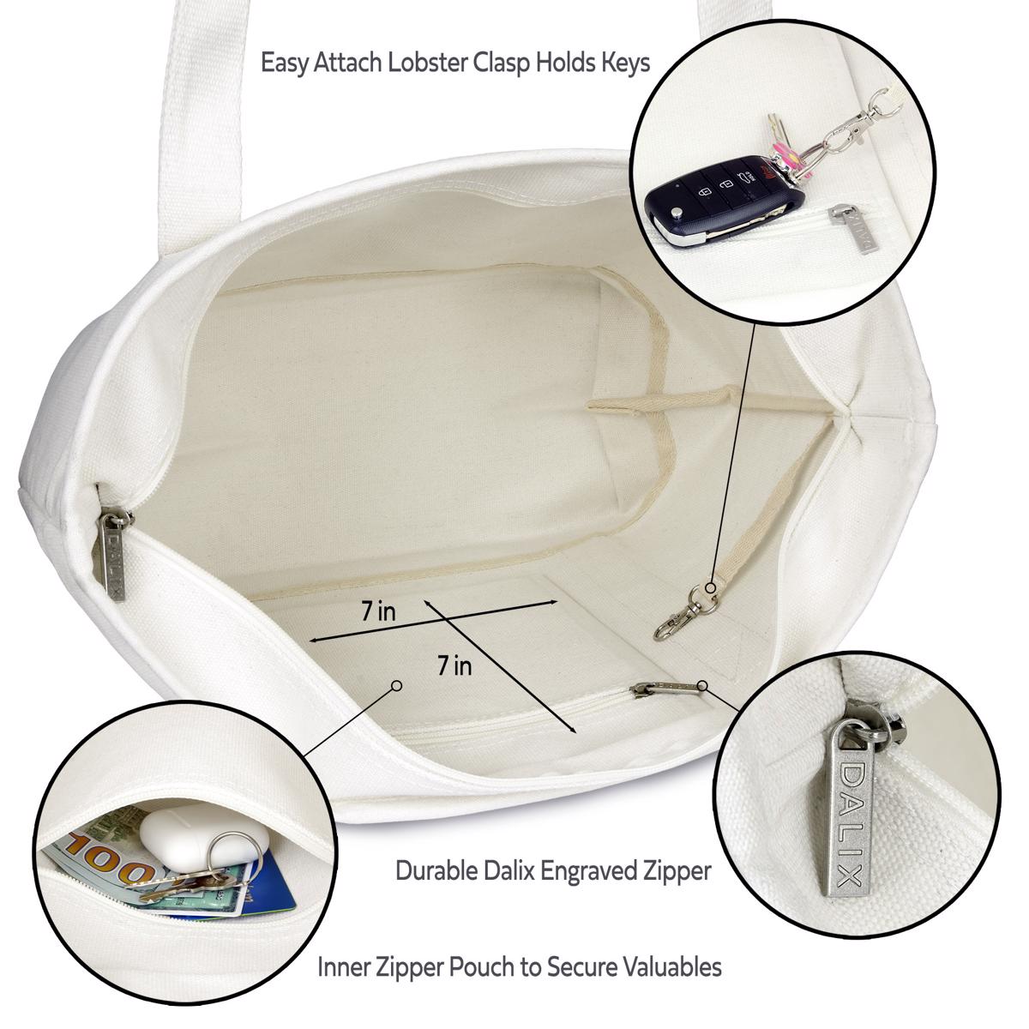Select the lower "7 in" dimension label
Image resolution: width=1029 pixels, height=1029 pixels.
pos(454,666)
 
